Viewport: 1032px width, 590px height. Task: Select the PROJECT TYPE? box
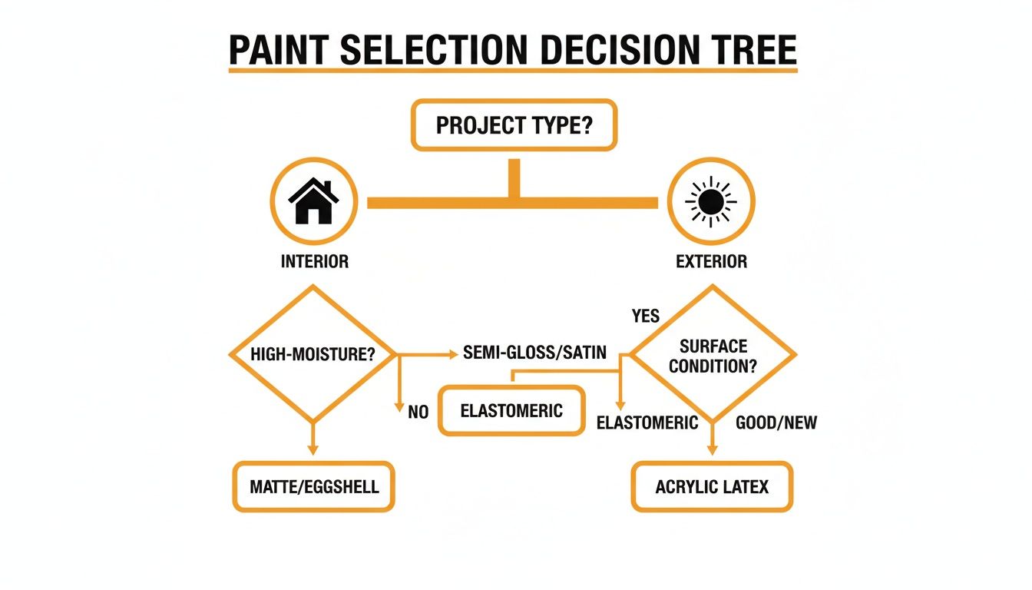514,124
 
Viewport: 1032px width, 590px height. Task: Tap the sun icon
711,201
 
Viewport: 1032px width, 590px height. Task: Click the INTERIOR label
314,261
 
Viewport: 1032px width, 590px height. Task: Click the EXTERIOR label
711,261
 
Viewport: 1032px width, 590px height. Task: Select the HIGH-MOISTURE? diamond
313,354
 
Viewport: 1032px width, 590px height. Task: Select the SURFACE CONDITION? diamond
712,354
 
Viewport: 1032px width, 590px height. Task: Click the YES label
646,316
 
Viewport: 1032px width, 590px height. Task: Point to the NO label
418,413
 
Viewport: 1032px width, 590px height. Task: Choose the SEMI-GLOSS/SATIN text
535,353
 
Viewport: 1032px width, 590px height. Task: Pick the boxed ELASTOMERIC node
511,410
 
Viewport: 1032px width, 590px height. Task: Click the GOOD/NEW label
776,423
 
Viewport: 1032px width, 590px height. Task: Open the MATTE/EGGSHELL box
313,486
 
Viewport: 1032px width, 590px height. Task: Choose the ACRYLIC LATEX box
712,486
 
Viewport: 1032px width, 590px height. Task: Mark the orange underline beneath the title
513,71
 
